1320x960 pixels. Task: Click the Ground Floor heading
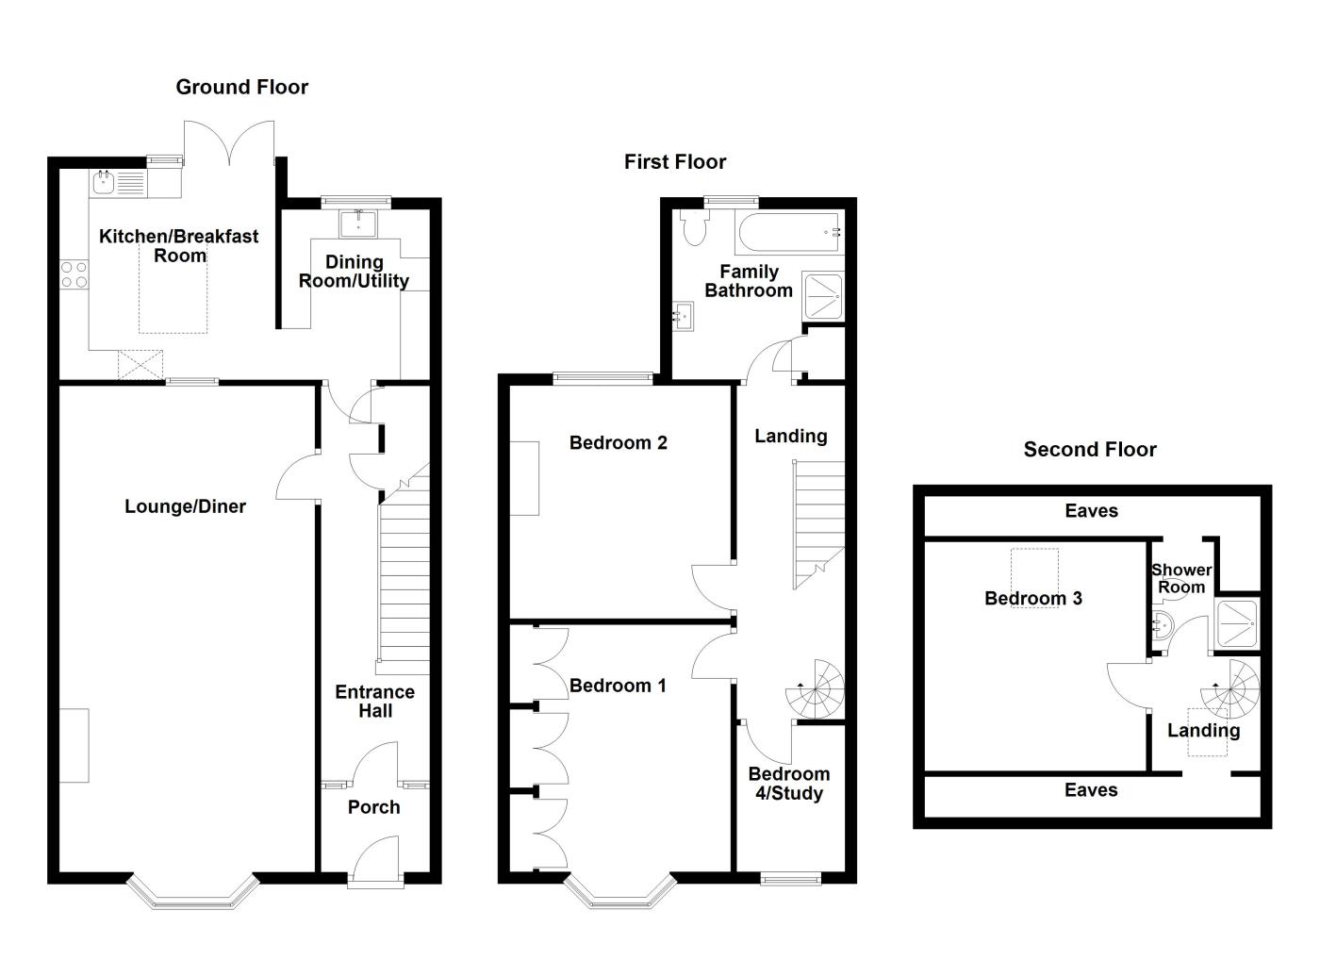pos(241,87)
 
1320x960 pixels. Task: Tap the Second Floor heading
pos(1090,449)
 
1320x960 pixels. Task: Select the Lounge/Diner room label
pos(185,506)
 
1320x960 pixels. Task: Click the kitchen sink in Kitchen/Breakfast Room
pos(103,182)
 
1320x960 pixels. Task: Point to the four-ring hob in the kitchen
pos(74,274)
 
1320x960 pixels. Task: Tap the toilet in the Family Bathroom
pos(696,226)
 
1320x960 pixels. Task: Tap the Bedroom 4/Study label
pos(788,784)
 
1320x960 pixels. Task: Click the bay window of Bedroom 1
pos(620,892)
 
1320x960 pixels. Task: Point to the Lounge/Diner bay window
pos(192,892)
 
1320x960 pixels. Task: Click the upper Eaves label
pos(1091,511)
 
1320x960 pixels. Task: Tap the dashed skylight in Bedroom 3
pos(1034,577)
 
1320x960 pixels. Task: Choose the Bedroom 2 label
pos(618,442)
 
